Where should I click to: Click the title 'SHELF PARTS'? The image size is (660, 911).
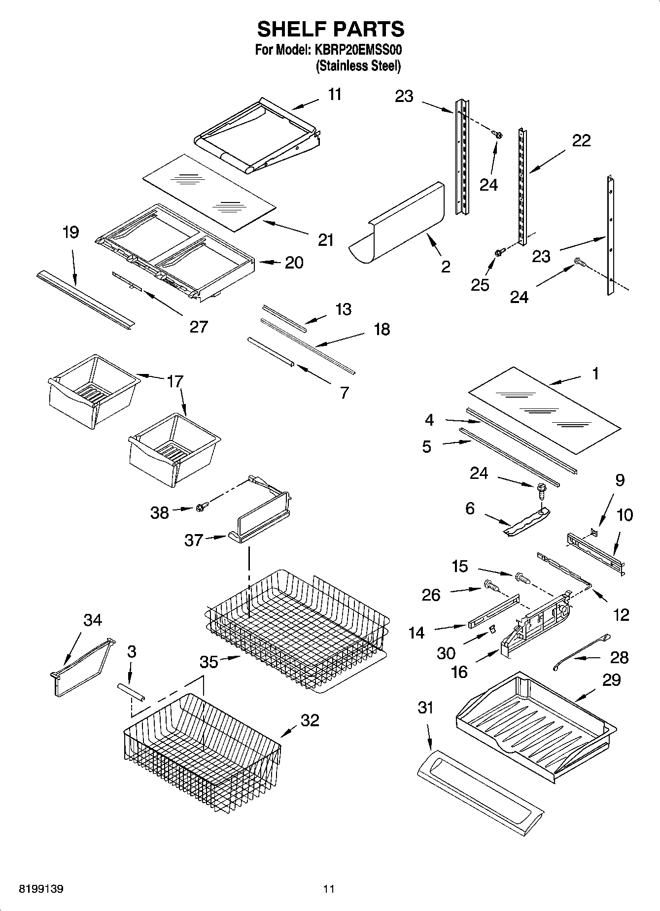tap(330, 30)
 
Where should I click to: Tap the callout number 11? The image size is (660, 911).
tap(335, 94)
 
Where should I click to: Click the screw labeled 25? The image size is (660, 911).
tap(498, 253)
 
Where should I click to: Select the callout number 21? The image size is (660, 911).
tap(326, 240)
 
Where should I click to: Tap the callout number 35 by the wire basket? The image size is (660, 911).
tap(208, 662)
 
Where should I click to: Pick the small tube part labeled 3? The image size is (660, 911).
tap(131, 690)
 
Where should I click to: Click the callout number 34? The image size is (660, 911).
tap(92, 620)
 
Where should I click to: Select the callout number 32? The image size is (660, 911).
tap(310, 720)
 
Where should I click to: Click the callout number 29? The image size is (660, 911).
tap(611, 680)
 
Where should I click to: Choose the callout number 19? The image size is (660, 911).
tap(71, 232)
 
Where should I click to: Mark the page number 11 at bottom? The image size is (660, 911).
tap(329, 889)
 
